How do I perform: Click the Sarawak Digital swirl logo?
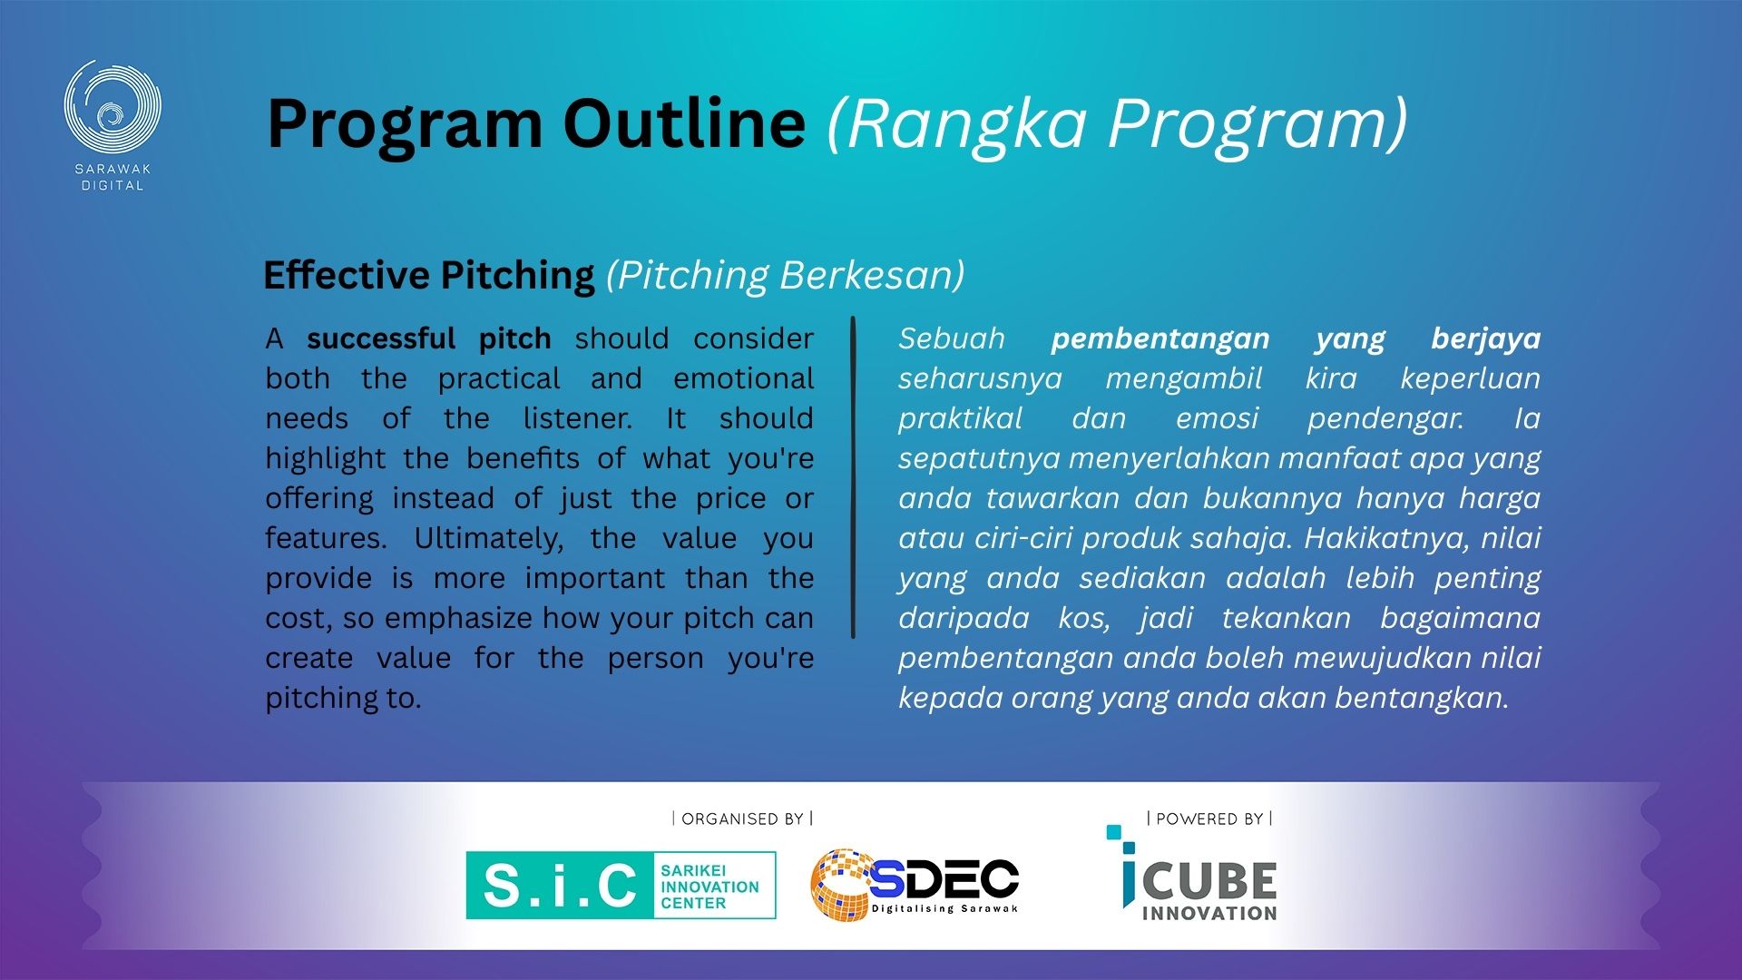(x=113, y=107)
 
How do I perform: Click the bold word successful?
(x=381, y=338)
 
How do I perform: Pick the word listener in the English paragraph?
(x=577, y=418)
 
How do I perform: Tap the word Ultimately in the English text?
(x=488, y=538)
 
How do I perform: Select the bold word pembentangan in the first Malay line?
(x=1160, y=338)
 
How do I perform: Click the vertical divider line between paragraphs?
(x=853, y=477)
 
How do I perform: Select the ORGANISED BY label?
(x=742, y=818)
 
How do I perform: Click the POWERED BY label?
(x=1209, y=818)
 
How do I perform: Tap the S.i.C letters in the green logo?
(x=560, y=886)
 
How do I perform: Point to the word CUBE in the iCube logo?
(x=1210, y=881)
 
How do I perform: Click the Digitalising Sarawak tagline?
(x=944, y=908)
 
